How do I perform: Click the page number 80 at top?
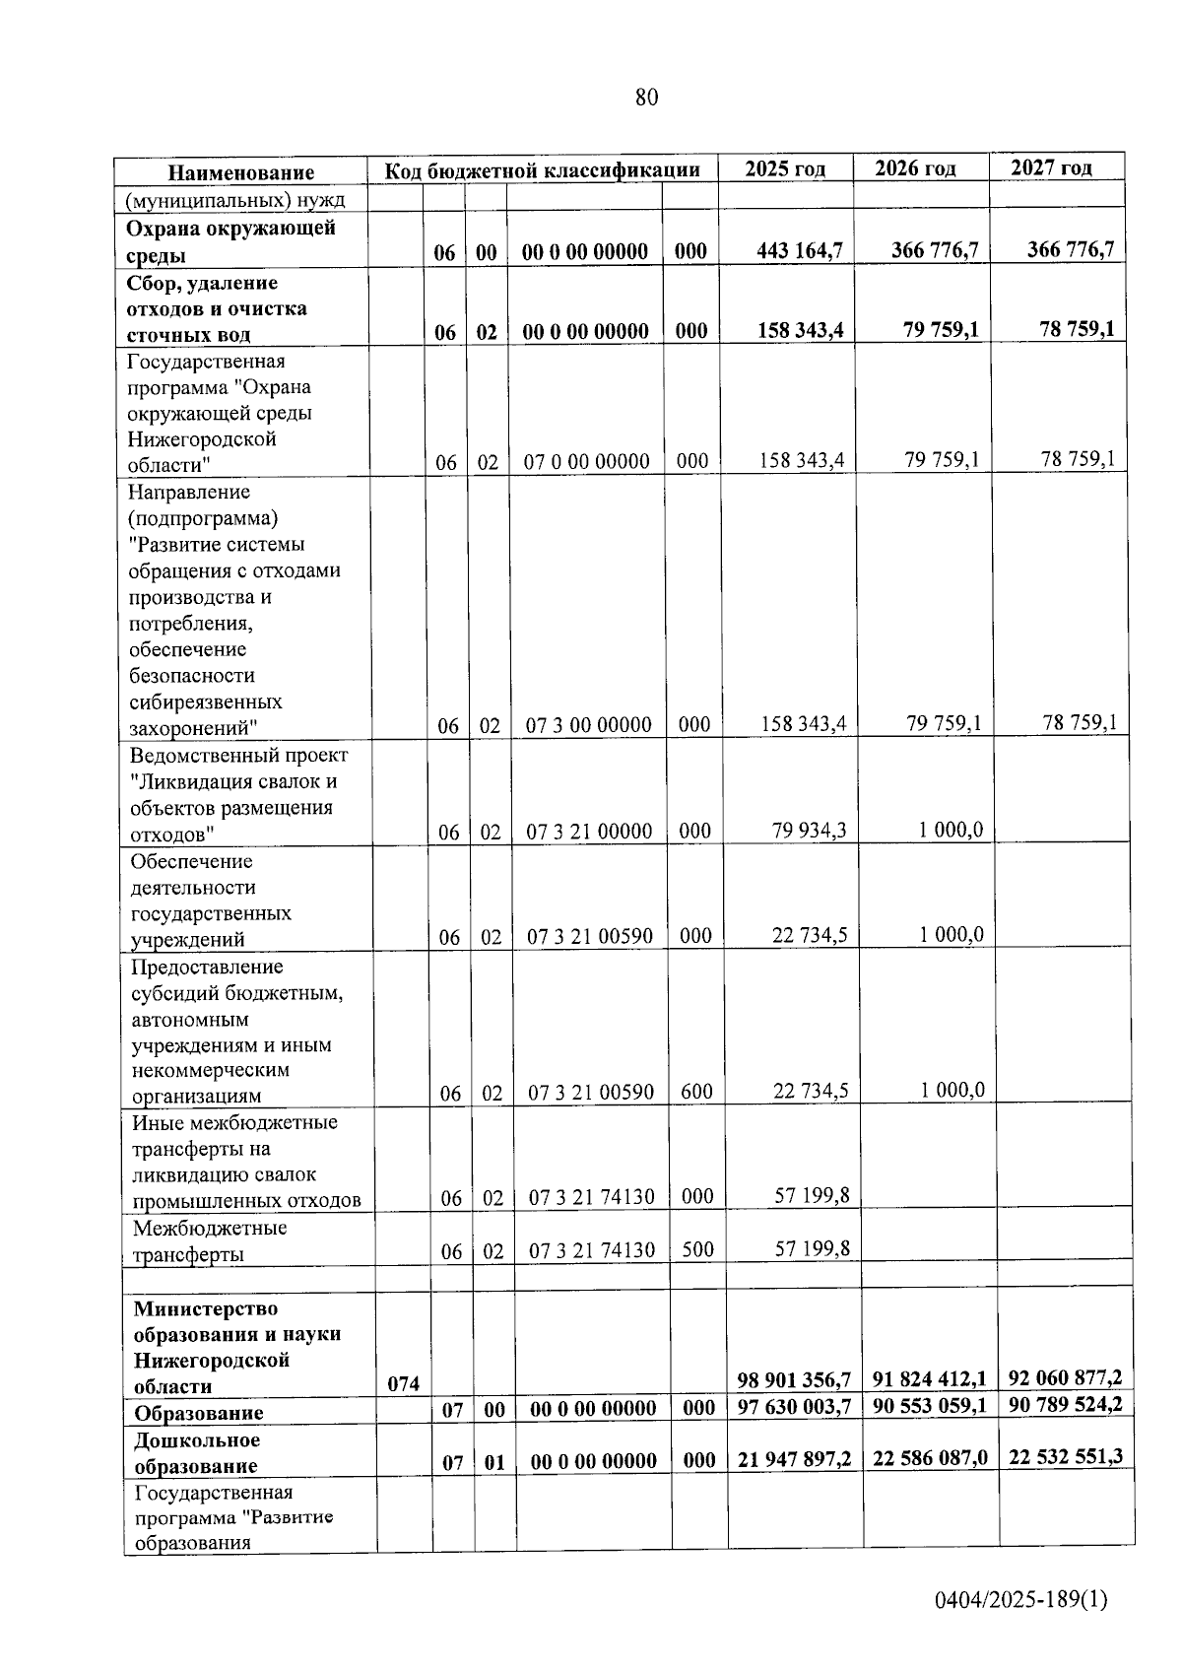646,98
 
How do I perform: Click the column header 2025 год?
784,168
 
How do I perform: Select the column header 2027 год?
1051,167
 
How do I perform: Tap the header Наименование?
241,172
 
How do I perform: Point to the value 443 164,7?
800,250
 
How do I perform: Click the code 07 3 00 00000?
588,725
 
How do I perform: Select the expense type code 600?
696,1091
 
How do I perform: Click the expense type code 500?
697,1248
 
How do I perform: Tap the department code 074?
403,1383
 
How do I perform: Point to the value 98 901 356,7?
794,1379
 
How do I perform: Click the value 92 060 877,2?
1066,1377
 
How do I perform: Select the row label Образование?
199,1413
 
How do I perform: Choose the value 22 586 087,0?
930,1457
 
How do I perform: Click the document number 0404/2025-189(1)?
1021,1599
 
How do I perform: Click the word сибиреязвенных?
206,702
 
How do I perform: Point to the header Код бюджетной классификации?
542,170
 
